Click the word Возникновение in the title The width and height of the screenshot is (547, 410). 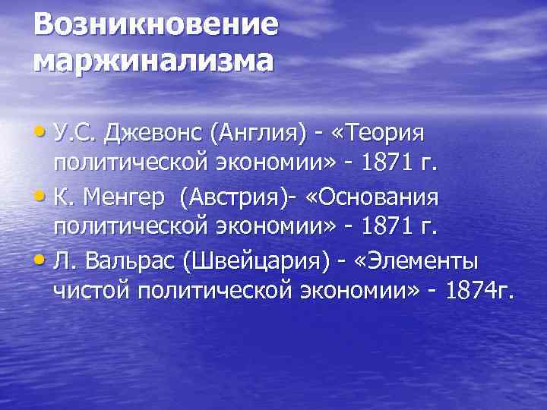[155, 25]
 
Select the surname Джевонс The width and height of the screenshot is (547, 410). [154, 134]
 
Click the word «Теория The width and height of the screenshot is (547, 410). [381, 134]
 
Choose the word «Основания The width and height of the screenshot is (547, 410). [373, 199]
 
